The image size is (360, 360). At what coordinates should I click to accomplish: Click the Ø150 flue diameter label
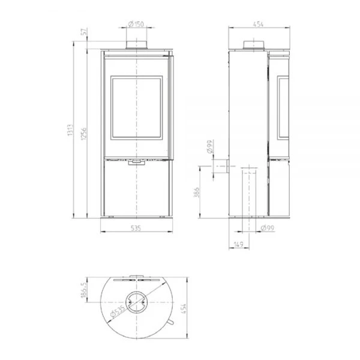point(136,23)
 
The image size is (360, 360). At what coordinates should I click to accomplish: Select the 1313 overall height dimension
point(70,130)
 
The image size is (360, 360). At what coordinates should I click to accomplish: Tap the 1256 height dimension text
point(84,134)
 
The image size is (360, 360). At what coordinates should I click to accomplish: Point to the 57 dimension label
point(84,31)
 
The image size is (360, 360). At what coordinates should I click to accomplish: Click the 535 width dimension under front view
point(136,228)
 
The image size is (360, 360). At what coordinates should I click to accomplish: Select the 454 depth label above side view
point(258,24)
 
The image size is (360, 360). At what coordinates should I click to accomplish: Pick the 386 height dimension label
point(197,193)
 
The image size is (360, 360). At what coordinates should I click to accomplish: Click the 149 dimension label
point(239,244)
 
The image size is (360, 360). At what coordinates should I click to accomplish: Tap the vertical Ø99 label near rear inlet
point(210,147)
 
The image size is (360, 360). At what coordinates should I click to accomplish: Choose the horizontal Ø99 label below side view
point(268,228)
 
